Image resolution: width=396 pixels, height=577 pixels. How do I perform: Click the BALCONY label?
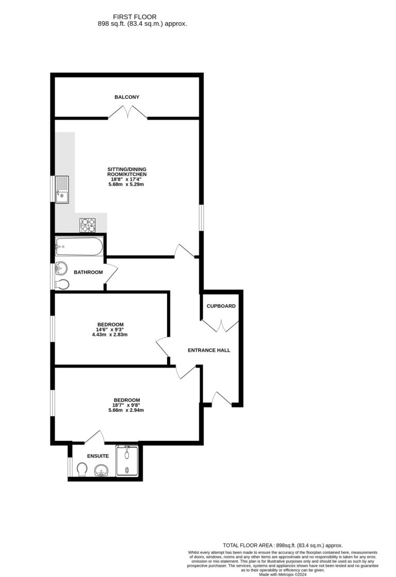127,97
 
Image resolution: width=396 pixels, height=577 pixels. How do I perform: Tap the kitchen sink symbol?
61,189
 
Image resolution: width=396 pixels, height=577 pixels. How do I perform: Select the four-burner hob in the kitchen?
87,225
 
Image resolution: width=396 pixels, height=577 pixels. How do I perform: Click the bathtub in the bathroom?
79,247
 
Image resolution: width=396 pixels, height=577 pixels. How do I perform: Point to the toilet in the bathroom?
62,284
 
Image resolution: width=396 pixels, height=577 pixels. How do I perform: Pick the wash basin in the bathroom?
61,268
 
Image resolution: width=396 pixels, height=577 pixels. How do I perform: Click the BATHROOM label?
88,272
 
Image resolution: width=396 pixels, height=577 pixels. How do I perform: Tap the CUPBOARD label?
221,306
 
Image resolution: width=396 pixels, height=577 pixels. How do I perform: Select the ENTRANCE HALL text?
208,350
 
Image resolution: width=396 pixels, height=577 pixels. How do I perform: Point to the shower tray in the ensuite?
127,461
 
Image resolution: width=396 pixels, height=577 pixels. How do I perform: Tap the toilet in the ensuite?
81,470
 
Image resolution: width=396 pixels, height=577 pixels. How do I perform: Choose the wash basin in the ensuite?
102,470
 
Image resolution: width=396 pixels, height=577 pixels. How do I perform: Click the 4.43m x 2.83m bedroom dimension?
109,335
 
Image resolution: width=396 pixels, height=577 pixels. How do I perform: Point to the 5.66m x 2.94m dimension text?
126,410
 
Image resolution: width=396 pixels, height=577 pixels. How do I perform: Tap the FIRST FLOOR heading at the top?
143,17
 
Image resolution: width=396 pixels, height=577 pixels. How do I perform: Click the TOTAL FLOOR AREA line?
282,545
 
